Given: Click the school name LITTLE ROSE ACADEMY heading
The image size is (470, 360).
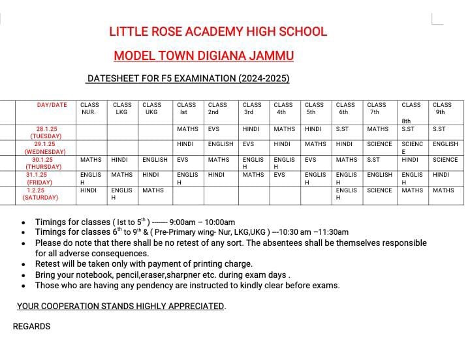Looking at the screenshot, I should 218,31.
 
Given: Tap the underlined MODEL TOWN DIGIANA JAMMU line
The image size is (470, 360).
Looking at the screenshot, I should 204,56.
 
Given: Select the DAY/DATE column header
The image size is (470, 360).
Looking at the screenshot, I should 52,105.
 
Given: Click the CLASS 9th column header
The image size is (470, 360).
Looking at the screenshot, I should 442,108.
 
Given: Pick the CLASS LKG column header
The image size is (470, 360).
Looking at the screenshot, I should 122,108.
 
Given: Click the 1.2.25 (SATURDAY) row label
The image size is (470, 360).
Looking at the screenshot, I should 40,194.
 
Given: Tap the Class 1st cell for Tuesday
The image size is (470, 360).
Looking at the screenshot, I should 187,129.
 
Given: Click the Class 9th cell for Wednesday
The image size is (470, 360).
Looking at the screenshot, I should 445,144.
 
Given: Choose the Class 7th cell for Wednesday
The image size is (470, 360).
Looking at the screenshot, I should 379,144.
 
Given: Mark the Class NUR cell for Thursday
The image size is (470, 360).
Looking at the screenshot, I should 91,160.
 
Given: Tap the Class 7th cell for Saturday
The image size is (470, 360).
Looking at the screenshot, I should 379,190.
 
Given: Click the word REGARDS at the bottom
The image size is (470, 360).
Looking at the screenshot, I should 31,326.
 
